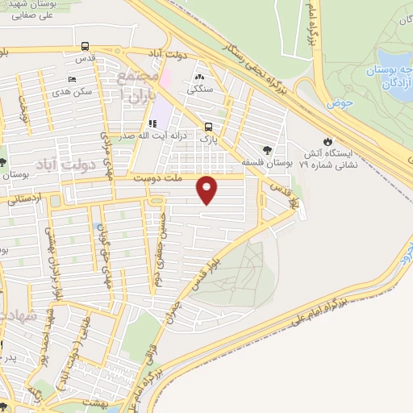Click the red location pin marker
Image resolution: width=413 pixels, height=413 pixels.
[207, 189]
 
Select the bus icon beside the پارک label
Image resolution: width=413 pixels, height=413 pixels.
[209, 127]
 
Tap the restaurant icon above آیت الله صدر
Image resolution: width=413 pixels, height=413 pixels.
[152, 125]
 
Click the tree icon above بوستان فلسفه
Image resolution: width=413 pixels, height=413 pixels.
[267, 149]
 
